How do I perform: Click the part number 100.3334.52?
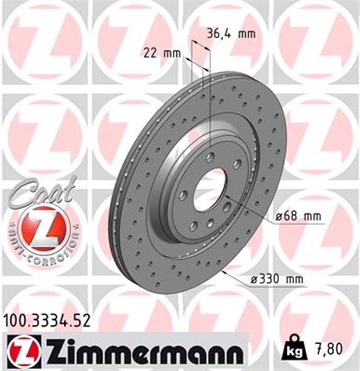click(x=47, y=319)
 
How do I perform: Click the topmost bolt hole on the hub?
click(x=210, y=156)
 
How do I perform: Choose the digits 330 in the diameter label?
click(x=268, y=279)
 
